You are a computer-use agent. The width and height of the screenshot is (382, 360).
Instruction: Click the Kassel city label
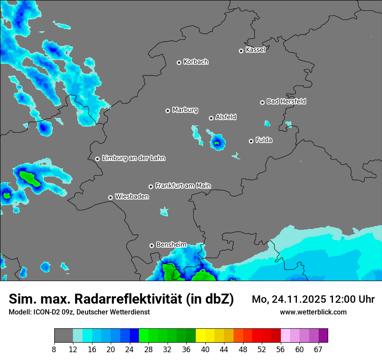coord(255,50)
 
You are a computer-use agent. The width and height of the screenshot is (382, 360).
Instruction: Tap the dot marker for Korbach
coord(179,62)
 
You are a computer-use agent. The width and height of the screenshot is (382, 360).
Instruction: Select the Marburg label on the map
coord(185,110)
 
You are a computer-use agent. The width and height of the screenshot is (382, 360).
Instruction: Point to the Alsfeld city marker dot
coord(211,118)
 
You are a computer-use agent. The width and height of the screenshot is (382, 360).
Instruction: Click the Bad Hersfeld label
coord(286,101)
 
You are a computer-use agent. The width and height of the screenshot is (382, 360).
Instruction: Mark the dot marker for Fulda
coord(251,141)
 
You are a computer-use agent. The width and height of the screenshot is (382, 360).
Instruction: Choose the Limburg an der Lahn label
coord(133,158)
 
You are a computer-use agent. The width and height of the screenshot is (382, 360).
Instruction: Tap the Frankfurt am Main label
coord(183,186)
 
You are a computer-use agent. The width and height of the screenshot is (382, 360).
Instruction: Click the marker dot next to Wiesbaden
coord(111,197)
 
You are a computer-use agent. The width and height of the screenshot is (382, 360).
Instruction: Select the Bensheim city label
coord(171,245)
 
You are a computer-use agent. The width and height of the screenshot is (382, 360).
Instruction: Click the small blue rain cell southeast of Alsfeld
coord(217,142)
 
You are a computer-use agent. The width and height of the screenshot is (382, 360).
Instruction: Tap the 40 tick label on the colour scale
coord(205,350)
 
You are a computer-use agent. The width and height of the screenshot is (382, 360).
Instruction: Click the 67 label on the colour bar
coord(318,350)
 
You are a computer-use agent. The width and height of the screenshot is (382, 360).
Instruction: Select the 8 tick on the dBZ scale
coord(54,350)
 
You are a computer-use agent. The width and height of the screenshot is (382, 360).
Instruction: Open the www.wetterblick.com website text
coord(313,312)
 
